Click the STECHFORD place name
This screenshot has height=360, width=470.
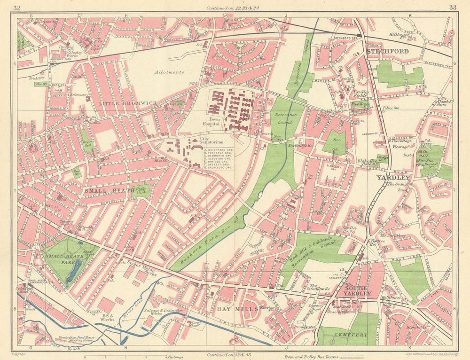pyautogui.click(x=388, y=51)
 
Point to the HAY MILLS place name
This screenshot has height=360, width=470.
pyautogui.click(x=237, y=308)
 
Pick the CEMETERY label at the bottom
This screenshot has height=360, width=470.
pyautogui.click(x=351, y=335)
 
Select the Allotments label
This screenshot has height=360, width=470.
pyautogui.click(x=169, y=72)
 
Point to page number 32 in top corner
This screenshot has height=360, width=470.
pyautogui.click(x=17, y=7)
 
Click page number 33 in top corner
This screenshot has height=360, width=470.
pyautogui.click(x=453, y=7)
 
